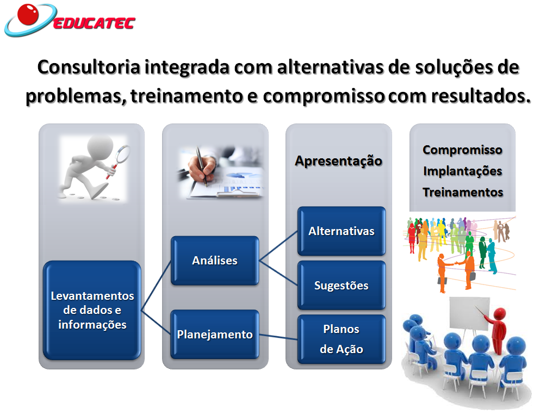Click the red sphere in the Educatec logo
click(x=28, y=15)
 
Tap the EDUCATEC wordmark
click(x=94, y=23)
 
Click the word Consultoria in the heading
click(x=89, y=67)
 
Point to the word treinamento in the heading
click(x=187, y=95)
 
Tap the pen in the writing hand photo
click(x=201, y=166)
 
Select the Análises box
click(x=215, y=261)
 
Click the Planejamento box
click(x=215, y=335)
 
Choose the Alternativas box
click(x=342, y=231)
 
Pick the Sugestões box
click(x=342, y=285)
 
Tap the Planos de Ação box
click(x=342, y=339)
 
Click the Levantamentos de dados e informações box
click(x=92, y=310)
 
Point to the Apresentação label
click(x=339, y=161)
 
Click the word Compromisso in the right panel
click(x=463, y=150)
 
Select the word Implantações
click(x=463, y=171)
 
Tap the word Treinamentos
click(x=463, y=192)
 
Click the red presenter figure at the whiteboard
click(x=497, y=329)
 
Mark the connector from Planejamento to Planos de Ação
click(x=278, y=337)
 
